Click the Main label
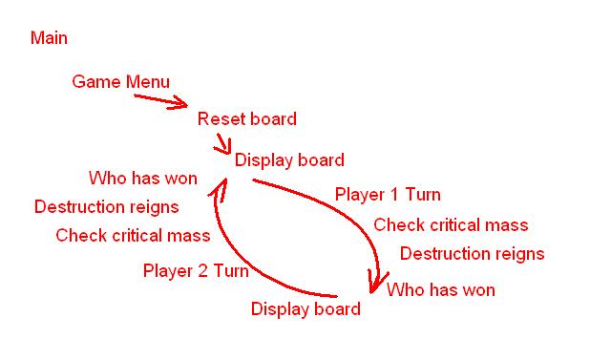pos(49,38)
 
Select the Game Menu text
pos(120,82)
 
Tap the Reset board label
pos(246,119)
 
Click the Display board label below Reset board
pos(289,160)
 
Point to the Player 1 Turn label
pos(388,195)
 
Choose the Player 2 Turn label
pos(196,271)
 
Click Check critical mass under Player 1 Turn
pos(451,225)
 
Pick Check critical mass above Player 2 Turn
pos(133,236)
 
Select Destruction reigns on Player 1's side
pos(472,254)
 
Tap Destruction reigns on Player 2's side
pos(106,206)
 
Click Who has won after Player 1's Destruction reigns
pos(441,289)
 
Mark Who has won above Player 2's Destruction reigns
pos(142,179)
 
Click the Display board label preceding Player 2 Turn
pos(306,309)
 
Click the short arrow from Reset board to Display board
pos(224,143)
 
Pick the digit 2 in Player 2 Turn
pos(201,271)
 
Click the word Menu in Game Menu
pos(148,82)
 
